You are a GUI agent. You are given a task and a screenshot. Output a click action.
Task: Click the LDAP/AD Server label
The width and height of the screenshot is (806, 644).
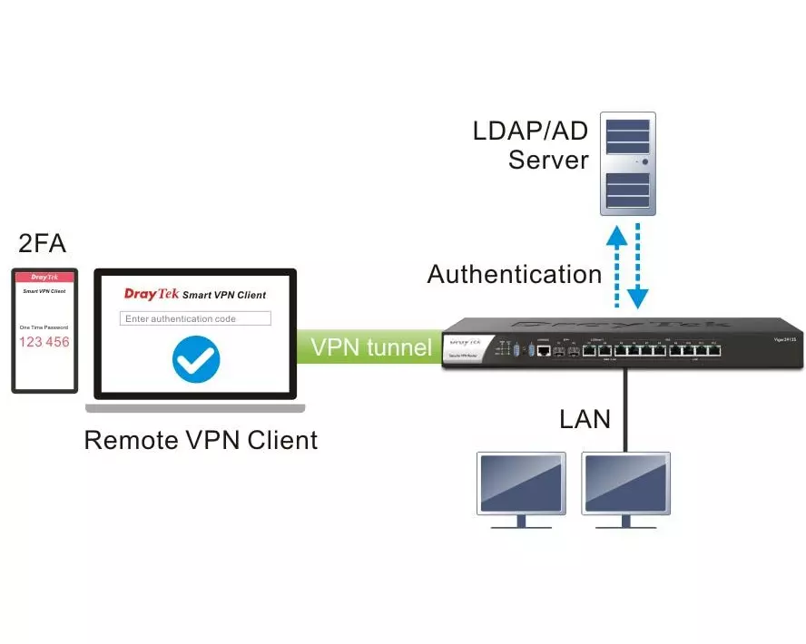click(530, 144)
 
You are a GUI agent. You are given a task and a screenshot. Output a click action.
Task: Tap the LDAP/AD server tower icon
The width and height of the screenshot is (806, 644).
click(628, 163)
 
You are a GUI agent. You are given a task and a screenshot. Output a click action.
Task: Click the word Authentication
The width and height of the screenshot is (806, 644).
click(515, 274)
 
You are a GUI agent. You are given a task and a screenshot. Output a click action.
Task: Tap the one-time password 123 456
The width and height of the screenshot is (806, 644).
click(44, 342)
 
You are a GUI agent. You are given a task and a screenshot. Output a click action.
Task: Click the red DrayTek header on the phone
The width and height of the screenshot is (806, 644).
click(44, 277)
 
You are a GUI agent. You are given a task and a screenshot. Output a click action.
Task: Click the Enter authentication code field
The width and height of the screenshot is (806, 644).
click(196, 318)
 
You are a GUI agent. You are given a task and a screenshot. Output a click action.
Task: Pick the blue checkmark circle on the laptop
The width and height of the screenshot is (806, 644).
click(196, 359)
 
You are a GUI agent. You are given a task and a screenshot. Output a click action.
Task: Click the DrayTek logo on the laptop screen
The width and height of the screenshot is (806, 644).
click(151, 294)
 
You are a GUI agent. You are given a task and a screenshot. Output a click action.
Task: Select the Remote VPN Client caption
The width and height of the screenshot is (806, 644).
click(201, 440)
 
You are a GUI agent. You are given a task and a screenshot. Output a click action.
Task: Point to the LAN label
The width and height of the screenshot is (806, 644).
click(585, 419)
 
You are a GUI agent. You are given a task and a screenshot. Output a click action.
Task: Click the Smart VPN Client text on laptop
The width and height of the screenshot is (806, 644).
click(224, 295)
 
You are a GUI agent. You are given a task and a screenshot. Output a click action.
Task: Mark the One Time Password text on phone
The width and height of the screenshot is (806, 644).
click(44, 327)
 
